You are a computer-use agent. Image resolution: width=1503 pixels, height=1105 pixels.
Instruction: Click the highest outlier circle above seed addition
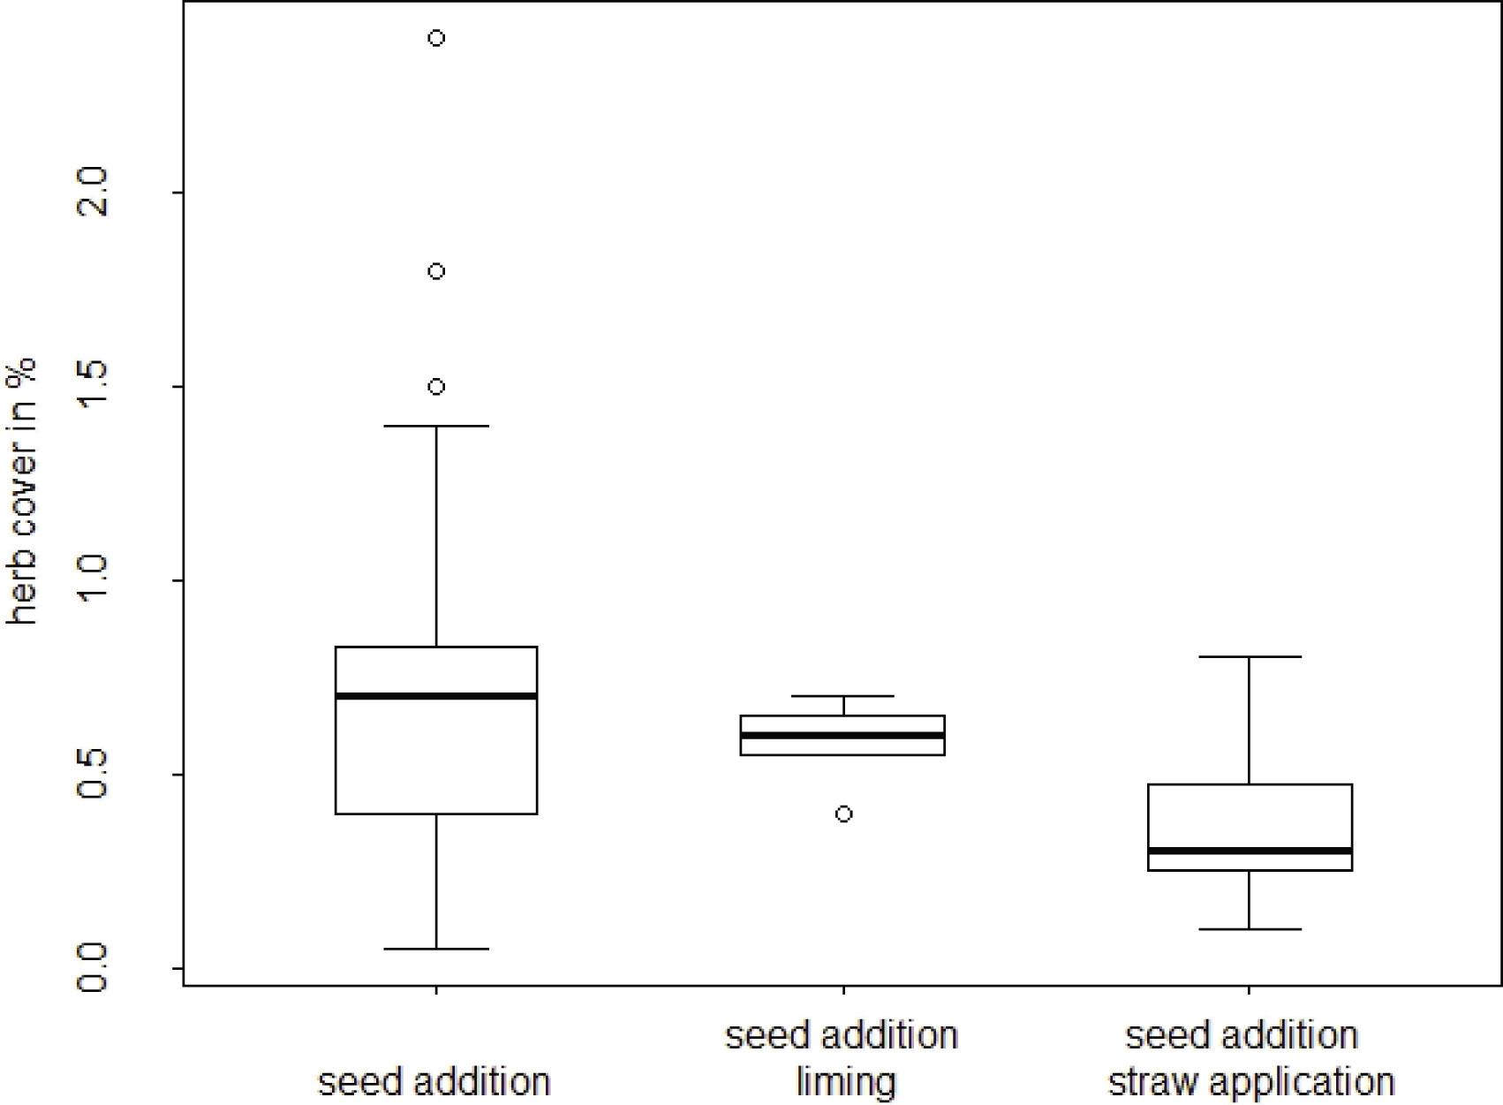tap(436, 38)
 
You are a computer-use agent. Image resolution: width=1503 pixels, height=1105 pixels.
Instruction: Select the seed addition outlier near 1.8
tap(436, 271)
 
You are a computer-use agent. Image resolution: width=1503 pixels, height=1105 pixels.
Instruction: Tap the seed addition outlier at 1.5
tap(436, 387)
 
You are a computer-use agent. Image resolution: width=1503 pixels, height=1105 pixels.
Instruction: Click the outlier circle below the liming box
tap(843, 814)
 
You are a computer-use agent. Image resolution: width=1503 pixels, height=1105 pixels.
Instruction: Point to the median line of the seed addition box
tap(436, 695)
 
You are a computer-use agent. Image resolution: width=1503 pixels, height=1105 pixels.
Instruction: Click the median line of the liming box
tap(842, 735)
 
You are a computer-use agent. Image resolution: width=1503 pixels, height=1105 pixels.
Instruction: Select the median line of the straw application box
tap(1250, 851)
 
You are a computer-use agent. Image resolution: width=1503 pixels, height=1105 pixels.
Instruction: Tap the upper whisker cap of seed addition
tap(436, 426)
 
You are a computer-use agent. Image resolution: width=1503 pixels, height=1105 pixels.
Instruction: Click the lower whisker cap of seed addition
tap(436, 949)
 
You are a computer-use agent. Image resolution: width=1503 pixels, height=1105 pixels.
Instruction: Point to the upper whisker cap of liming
tap(843, 695)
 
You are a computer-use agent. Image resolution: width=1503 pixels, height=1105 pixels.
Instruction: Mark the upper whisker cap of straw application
tap(1250, 656)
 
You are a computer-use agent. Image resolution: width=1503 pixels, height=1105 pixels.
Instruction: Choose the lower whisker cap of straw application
tap(1250, 929)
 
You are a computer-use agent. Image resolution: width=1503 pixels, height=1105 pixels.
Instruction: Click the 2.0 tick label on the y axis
tap(92, 192)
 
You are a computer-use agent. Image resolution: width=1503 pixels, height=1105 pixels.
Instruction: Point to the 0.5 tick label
tap(92, 773)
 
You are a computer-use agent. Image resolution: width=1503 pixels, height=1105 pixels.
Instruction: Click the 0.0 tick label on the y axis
tap(92, 966)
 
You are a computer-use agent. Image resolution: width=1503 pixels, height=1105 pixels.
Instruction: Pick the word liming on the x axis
tap(845, 1081)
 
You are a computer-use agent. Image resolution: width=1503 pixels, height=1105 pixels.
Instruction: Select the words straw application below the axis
tap(1251, 1081)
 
